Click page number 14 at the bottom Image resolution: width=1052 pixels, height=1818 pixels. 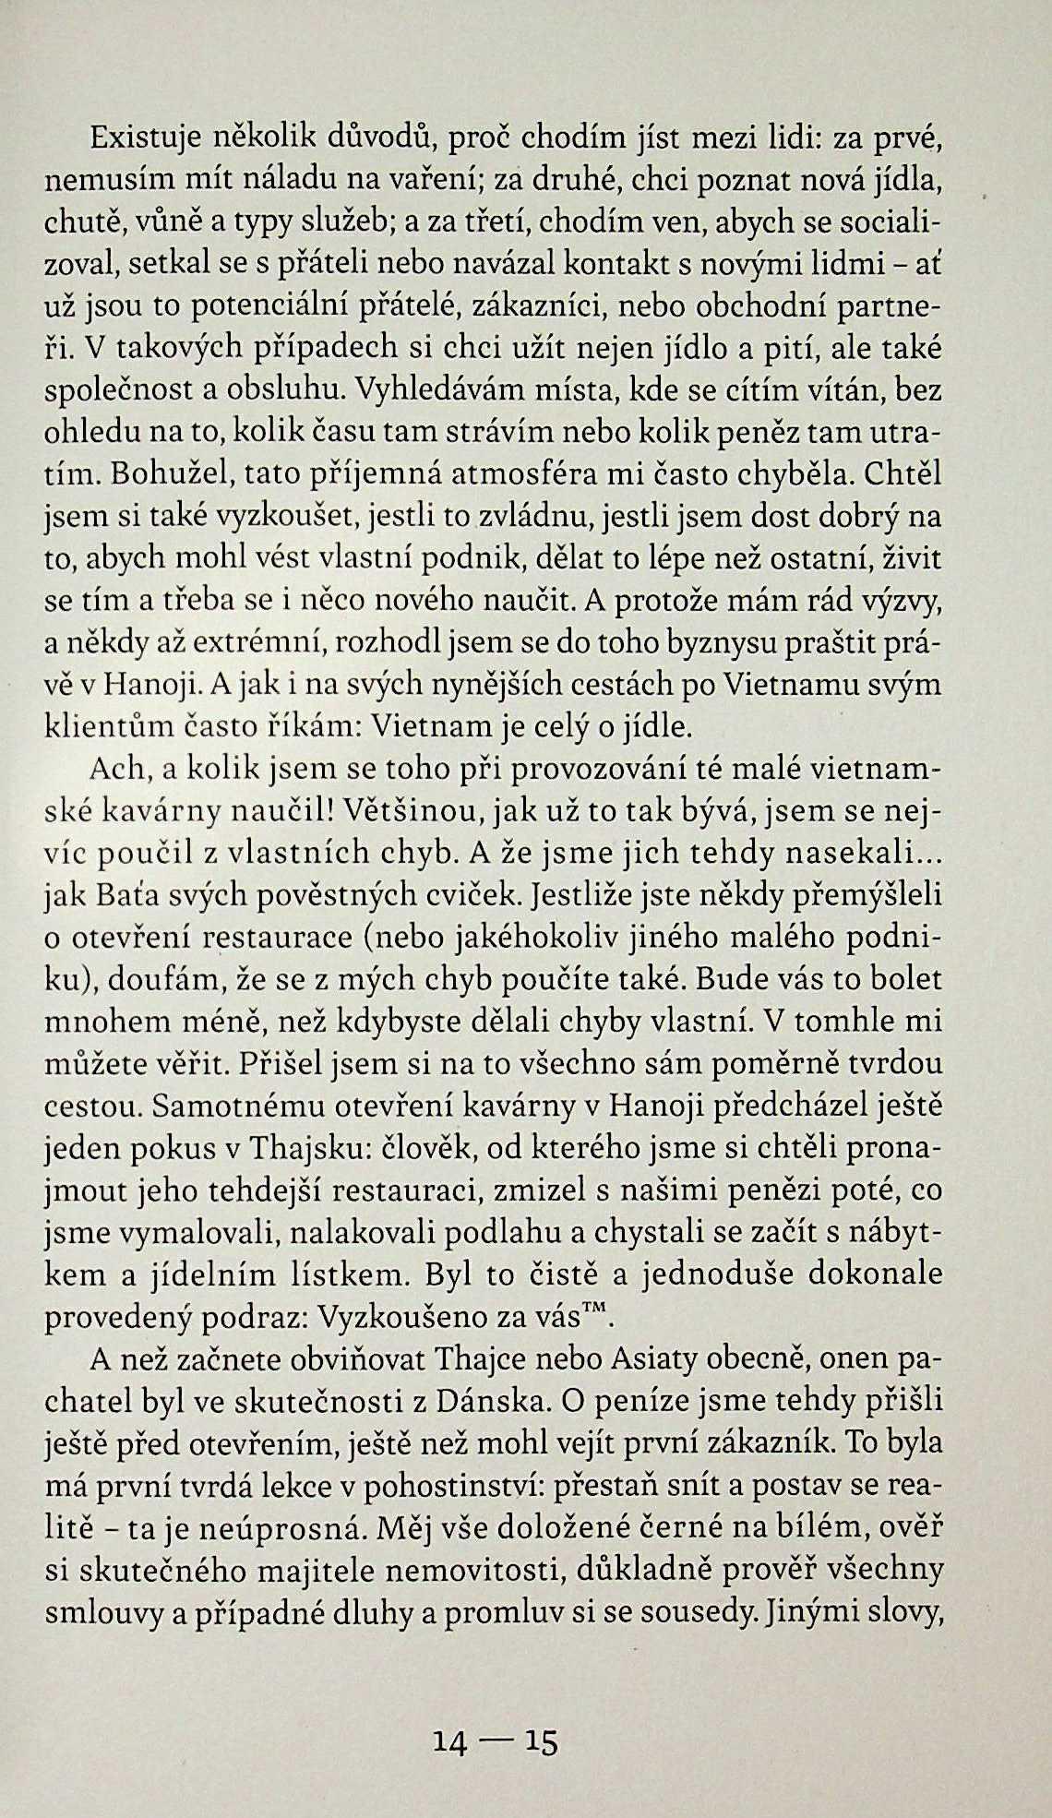451,1741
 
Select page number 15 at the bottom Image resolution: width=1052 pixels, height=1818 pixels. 542,1741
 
